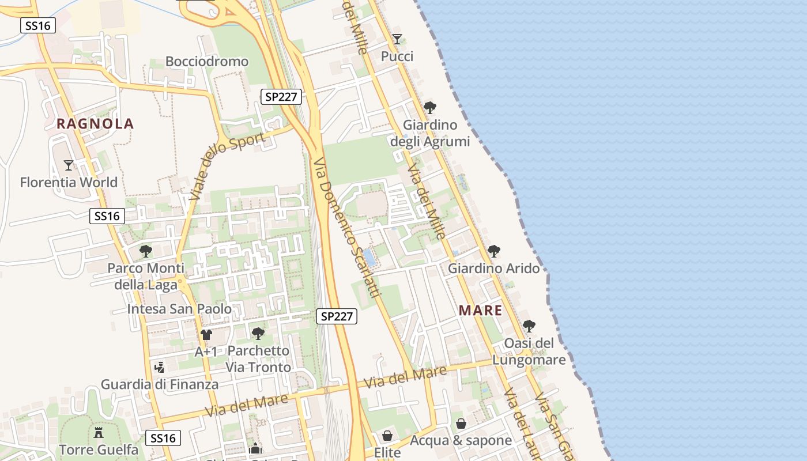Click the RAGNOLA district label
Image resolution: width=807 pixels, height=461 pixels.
pyautogui.click(x=95, y=123)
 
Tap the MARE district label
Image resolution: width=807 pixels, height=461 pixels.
pyautogui.click(x=481, y=311)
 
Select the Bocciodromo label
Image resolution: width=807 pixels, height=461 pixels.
pyautogui.click(x=207, y=62)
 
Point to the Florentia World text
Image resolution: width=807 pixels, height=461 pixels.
pyautogui.click(x=69, y=183)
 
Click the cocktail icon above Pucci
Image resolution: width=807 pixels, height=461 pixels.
pyautogui.click(x=397, y=39)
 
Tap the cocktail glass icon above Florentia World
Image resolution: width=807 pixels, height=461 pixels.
pyautogui.click(x=69, y=165)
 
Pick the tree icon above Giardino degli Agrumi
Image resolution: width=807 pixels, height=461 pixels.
pyautogui.click(x=429, y=108)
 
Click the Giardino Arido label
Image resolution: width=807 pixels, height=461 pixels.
pyautogui.click(x=494, y=269)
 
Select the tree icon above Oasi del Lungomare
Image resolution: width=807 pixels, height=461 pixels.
pyautogui.click(x=529, y=326)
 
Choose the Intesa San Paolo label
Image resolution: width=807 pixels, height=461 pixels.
pyautogui.click(x=179, y=309)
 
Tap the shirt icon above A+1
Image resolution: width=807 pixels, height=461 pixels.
pyautogui.click(x=206, y=334)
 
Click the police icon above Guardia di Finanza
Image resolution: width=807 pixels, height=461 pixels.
pyautogui.click(x=160, y=367)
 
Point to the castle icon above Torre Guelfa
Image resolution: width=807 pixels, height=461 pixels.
pyautogui.click(x=99, y=432)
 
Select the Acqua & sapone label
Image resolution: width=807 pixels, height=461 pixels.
pyautogui.click(x=461, y=441)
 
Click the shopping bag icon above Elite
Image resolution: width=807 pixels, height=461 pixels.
pyautogui.click(x=387, y=436)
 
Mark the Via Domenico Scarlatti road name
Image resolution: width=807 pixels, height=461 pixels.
pyautogui.click(x=348, y=228)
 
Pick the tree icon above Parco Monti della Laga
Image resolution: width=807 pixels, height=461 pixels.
pyautogui.click(x=146, y=251)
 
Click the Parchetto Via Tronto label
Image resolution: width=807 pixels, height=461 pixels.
pyautogui.click(x=258, y=359)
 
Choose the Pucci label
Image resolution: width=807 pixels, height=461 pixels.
pyautogui.click(x=397, y=56)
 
